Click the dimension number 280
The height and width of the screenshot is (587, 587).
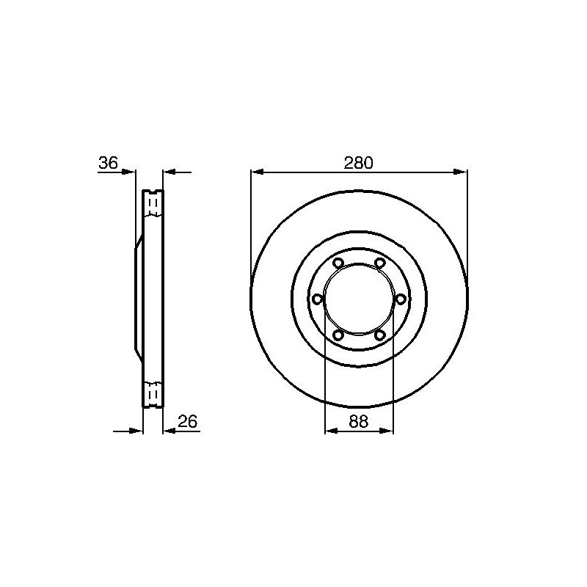[x=359, y=163]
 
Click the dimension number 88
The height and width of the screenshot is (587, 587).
[x=359, y=422]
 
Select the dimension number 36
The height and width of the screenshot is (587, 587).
[x=108, y=163]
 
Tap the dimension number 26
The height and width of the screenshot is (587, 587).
[x=188, y=422]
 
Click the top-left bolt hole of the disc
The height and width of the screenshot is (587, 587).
[x=338, y=263]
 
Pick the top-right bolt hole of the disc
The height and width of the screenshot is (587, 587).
[x=380, y=263]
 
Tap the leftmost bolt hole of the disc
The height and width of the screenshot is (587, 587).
[x=318, y=299]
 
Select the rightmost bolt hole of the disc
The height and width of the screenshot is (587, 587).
[x=401, y=299]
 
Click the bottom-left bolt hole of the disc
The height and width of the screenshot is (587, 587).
[x=338, y=335]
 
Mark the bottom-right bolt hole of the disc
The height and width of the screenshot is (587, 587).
[x=380, y=335]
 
